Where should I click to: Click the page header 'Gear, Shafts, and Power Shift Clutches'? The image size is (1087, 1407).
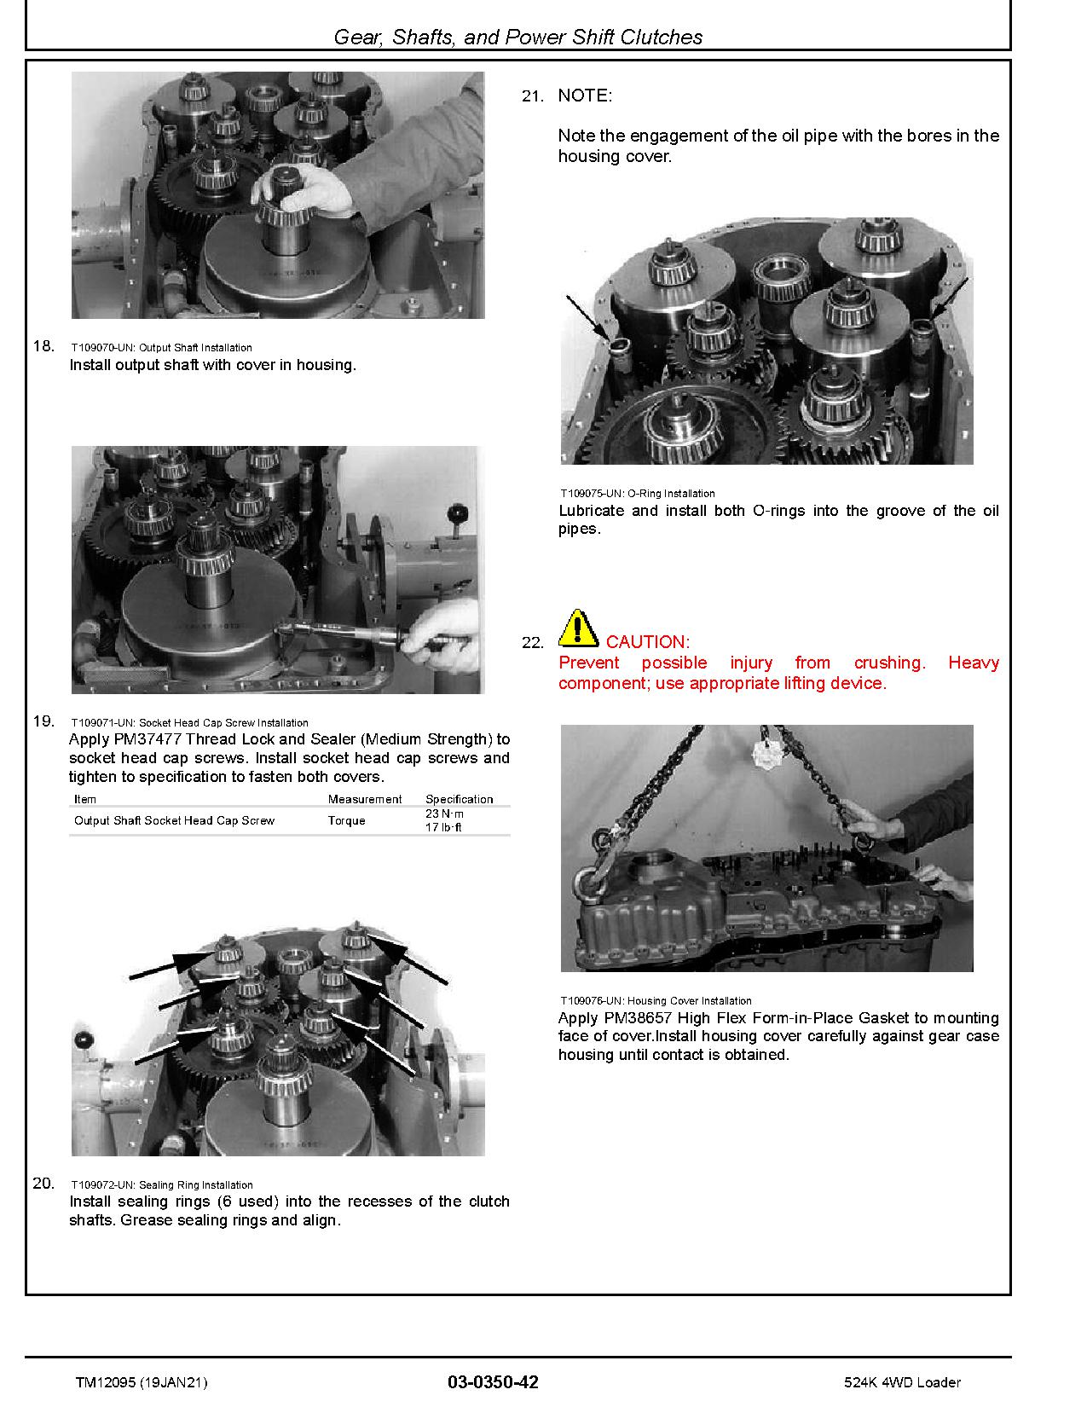click(x=517, y=37)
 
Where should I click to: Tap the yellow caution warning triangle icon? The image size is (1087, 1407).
click(x=578, y=628)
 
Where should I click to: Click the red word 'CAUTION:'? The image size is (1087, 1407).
click(x=648, y=642)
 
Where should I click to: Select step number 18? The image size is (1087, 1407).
click(x=43, y=345)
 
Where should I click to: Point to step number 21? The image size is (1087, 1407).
click(x=533, y=96)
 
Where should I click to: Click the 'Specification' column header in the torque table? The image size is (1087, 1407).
click(x=459, y=799)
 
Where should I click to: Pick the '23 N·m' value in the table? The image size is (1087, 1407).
click(x=444, y=814)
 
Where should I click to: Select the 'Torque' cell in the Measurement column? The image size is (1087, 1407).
click(x=346, y=820)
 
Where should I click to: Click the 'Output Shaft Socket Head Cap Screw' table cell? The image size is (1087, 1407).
click(x=174, y=820)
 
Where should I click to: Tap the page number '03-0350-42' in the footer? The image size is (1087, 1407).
click(x=493, y=1382)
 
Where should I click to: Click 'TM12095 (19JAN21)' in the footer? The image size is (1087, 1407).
click(x=141, y=1382)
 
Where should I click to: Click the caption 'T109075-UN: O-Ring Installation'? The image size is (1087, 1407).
click(x=638, y=493)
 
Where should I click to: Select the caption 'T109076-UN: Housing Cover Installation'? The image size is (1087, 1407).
click(x=656, y=1000)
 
